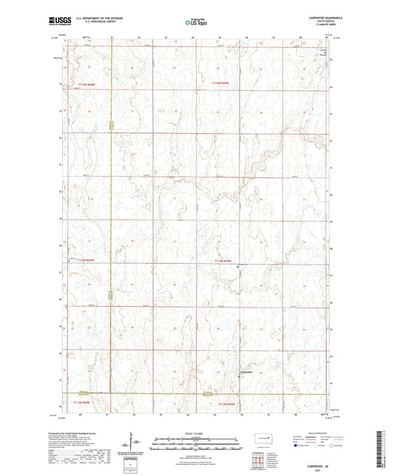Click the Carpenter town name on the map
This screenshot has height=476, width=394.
248,371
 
